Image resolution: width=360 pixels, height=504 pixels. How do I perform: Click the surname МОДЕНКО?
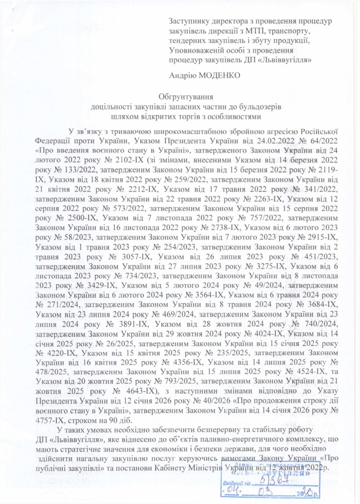pos(223,75)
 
